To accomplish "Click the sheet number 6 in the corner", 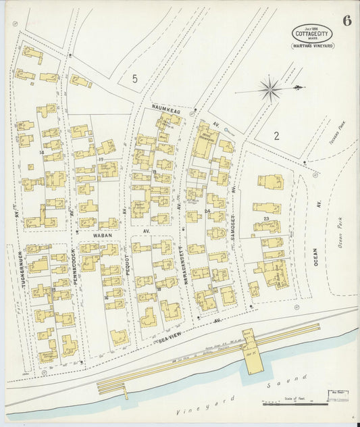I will coord(346,20).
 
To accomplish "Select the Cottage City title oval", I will coord(312,33).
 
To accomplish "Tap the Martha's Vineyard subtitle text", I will coord(312,47).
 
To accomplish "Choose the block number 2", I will coord(276,136).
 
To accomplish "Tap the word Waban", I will coord(87,236).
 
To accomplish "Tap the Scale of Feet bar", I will coord(295,404).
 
